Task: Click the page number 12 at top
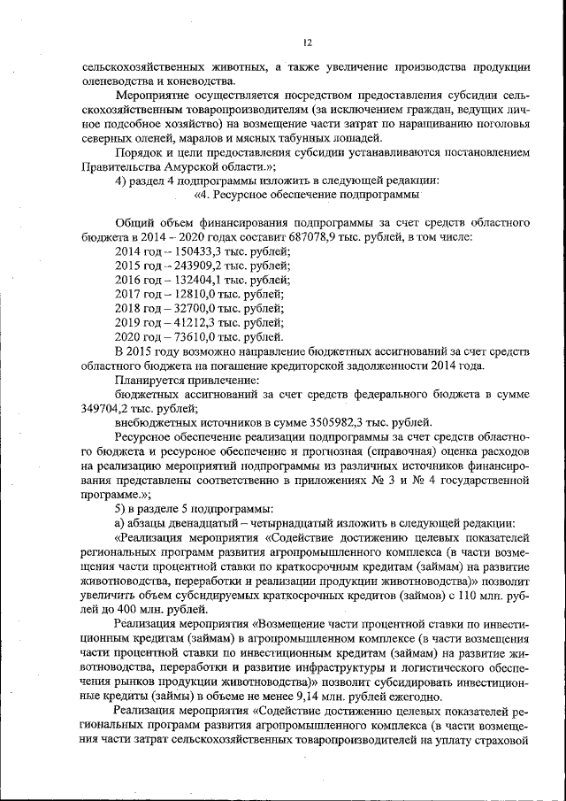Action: pos(307,41)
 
